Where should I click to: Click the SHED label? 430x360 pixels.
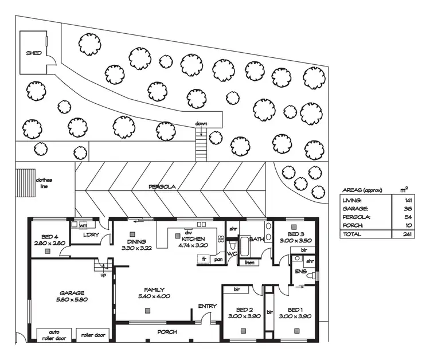click(x=33, y=53)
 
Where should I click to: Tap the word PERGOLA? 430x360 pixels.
click(x=161, y=187)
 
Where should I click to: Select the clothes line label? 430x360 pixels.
click(x=44, y=183)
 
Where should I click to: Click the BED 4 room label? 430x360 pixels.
click(x=49, y=237)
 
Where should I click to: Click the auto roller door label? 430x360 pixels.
click(x=54, y=335)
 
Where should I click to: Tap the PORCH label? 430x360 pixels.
click(x=167, y=332)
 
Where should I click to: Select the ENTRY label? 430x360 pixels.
click(x=207, y=306)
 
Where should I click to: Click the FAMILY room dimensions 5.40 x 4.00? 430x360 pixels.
click(x=153, y=296)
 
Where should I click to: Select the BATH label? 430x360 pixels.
click(x=256, y=240)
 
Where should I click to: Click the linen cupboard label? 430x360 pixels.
click(x=249, y=263)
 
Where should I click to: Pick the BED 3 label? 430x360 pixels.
click(x=295, y=234)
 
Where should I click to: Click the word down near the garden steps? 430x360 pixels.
click(x=201, y=124)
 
